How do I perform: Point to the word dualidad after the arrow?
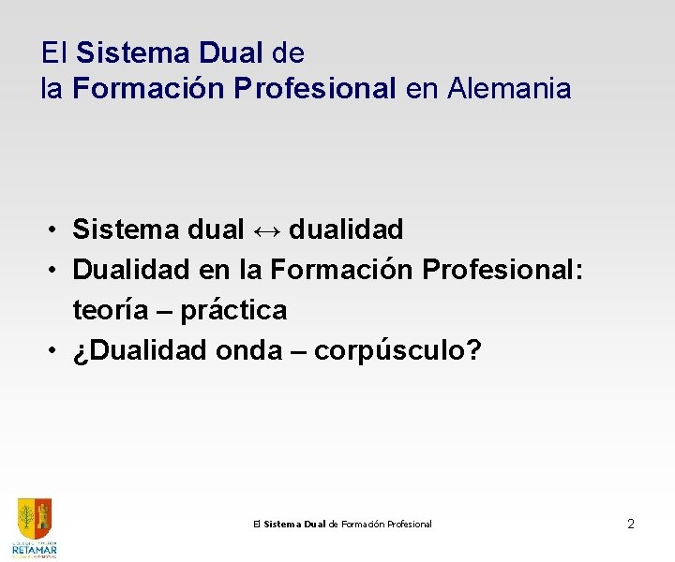(x=347, y=229)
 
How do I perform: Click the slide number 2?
(x=631, y=524)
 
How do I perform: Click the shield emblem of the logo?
(x=35, y=517)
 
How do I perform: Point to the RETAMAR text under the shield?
(x=35, y=548)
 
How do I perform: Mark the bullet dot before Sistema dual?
(x=56, y=229)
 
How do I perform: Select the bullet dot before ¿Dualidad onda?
(x=56, y=350)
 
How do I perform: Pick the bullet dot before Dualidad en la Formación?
(x=56, y=270)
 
